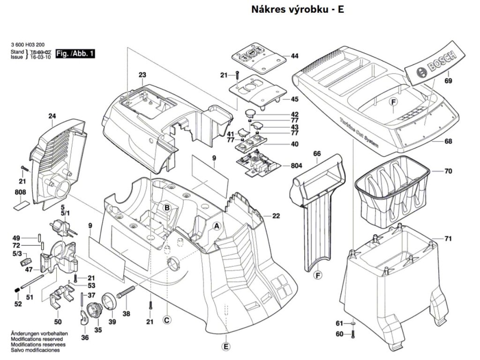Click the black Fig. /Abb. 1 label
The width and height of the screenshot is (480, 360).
tap(75, 54)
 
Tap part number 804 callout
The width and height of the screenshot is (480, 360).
tap(296, 165)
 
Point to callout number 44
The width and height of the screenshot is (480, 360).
tap(294, 56)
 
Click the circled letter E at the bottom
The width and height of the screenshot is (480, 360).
tap(225, 347)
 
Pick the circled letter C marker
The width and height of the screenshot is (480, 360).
tap(166, 320)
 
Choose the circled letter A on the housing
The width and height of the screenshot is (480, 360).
tap(217, 226)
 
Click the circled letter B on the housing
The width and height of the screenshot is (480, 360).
tap(167, 208)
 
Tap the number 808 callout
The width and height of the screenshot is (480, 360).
tap(20, 192)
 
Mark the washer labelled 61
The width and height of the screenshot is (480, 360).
tap(353, 323)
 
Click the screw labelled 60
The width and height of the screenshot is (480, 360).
tap(353, 334)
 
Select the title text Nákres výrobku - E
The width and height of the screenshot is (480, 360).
tap(298, 9)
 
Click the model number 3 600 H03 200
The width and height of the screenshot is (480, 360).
tap(25, 45)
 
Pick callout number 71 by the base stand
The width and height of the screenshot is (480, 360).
tap(448, 239)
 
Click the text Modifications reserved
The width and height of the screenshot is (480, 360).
tap(37, 339)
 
